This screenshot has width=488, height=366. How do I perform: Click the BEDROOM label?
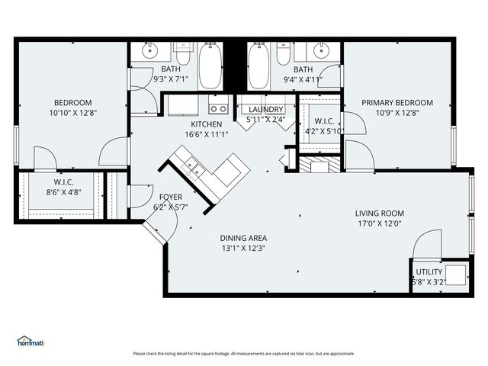72,103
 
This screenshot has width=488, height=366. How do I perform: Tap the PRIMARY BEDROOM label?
397,103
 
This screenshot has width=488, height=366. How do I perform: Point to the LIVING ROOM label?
379,213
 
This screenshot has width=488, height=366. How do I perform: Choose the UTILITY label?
429,271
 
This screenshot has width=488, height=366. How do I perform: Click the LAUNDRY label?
265,110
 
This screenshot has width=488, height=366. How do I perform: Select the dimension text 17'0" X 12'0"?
379,223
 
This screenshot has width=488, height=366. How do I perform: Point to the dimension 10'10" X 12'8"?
72,113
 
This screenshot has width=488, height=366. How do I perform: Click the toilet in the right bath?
283,55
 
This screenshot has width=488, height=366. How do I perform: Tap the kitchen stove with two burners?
218,108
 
